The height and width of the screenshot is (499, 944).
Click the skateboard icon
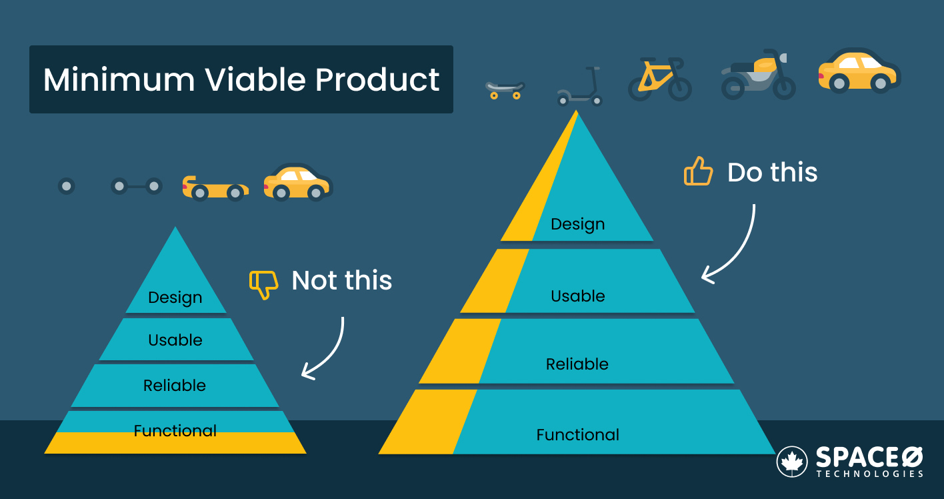[x=505, y=89]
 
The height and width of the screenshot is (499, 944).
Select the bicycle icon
[x=659, y=79]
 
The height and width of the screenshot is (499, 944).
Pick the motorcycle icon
[x=759, y=75]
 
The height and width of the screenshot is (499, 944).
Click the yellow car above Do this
[x=859, y=71]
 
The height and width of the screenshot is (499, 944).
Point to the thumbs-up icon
[x=698, y=171]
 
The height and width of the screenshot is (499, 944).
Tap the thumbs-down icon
[x=263, y=284]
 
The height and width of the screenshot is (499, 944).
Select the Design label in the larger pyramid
[x=577, y=224]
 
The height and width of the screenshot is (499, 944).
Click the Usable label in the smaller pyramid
[x=175, y=340]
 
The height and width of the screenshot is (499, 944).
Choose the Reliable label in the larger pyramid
[x=577, y=364]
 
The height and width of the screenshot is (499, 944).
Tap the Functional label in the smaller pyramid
[x=175, y=431]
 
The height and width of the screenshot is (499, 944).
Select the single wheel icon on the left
[x=66, y=186]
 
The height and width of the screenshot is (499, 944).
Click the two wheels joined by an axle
[x=136, y=186]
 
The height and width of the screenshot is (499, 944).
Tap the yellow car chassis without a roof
[x=215, y=189]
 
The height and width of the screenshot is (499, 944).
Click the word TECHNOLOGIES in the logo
[x=869, y=474]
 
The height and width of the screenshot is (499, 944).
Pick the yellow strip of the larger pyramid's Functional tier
[x=427, y=422]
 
